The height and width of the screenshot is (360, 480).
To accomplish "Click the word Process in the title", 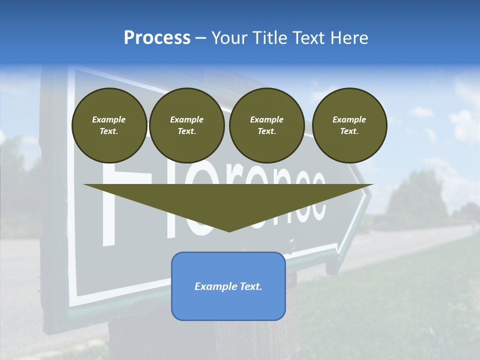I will [157, 38].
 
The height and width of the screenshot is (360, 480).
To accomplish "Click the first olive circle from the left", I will [109, 125].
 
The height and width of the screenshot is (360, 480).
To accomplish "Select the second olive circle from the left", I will [186, 125].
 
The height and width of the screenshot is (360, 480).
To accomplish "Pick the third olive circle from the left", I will [266, 125].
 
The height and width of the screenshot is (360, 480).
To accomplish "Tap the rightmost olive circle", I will [349, 125].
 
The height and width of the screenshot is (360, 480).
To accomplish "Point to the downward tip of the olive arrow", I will [228, 230].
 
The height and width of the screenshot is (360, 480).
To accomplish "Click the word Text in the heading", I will [308, 38].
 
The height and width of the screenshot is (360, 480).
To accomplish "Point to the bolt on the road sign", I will [292, 243].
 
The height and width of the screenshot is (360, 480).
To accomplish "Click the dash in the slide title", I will [200, 38].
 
